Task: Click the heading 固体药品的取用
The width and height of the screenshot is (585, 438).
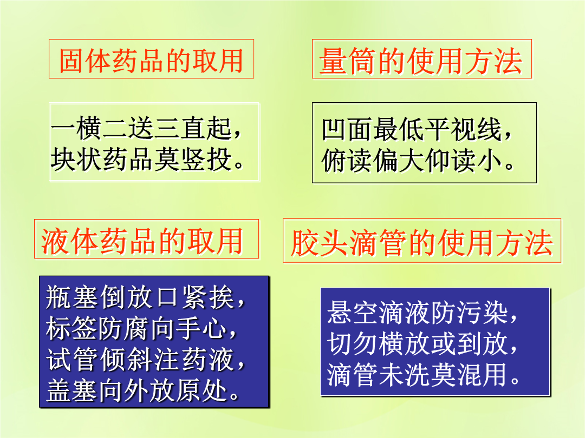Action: tap(151, 61)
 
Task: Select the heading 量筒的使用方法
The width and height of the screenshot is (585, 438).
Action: tap(420, 61)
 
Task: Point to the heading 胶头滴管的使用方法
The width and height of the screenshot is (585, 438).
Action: tap(421, 243)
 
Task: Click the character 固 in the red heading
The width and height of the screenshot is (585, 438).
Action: tap(71, 61)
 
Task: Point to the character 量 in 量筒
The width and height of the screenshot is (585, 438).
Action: tap(333, 61)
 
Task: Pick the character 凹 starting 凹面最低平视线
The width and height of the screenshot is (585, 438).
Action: tap(334, 129)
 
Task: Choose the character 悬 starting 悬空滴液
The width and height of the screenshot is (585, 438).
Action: tap(340, 312)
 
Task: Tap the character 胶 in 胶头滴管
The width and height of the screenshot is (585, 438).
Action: tap(304, 243)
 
